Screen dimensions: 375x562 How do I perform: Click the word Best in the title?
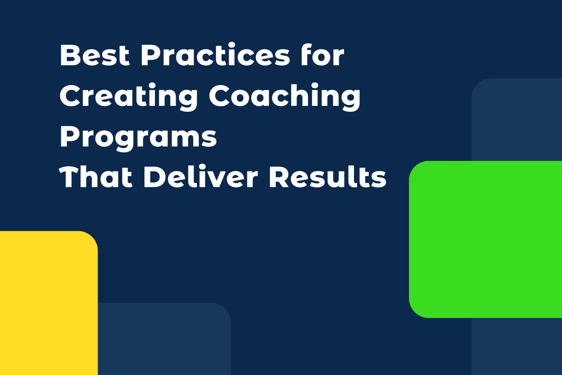94,55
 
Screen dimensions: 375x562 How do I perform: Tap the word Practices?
215,55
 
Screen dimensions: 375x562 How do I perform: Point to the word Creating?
128,96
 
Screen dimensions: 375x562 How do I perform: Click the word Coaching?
285,96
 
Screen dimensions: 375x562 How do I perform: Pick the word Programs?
138,138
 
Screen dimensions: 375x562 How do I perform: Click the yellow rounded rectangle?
47,305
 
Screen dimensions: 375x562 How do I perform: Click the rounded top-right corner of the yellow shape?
92,237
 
